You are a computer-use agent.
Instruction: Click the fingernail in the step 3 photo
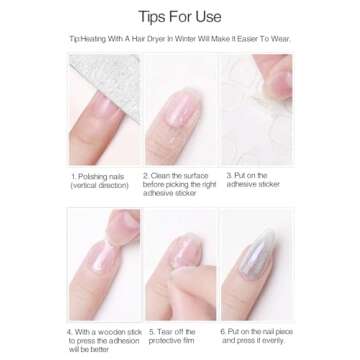(271, 100)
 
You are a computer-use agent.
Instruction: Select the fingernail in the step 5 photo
(180, 262)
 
